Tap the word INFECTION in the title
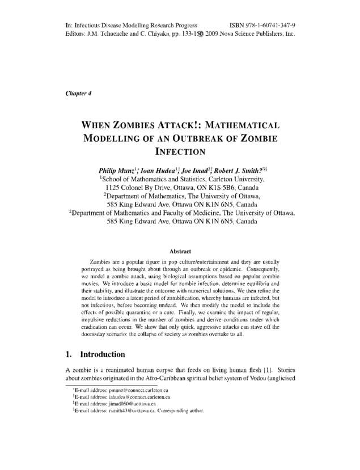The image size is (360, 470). (x=179, y=151)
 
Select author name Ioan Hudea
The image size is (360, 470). (x=163, y=169)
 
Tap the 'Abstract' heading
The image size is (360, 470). (x=180, y=251)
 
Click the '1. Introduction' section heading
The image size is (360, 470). (x=95, y=355)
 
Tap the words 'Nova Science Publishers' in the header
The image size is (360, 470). (x=250, y=34)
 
